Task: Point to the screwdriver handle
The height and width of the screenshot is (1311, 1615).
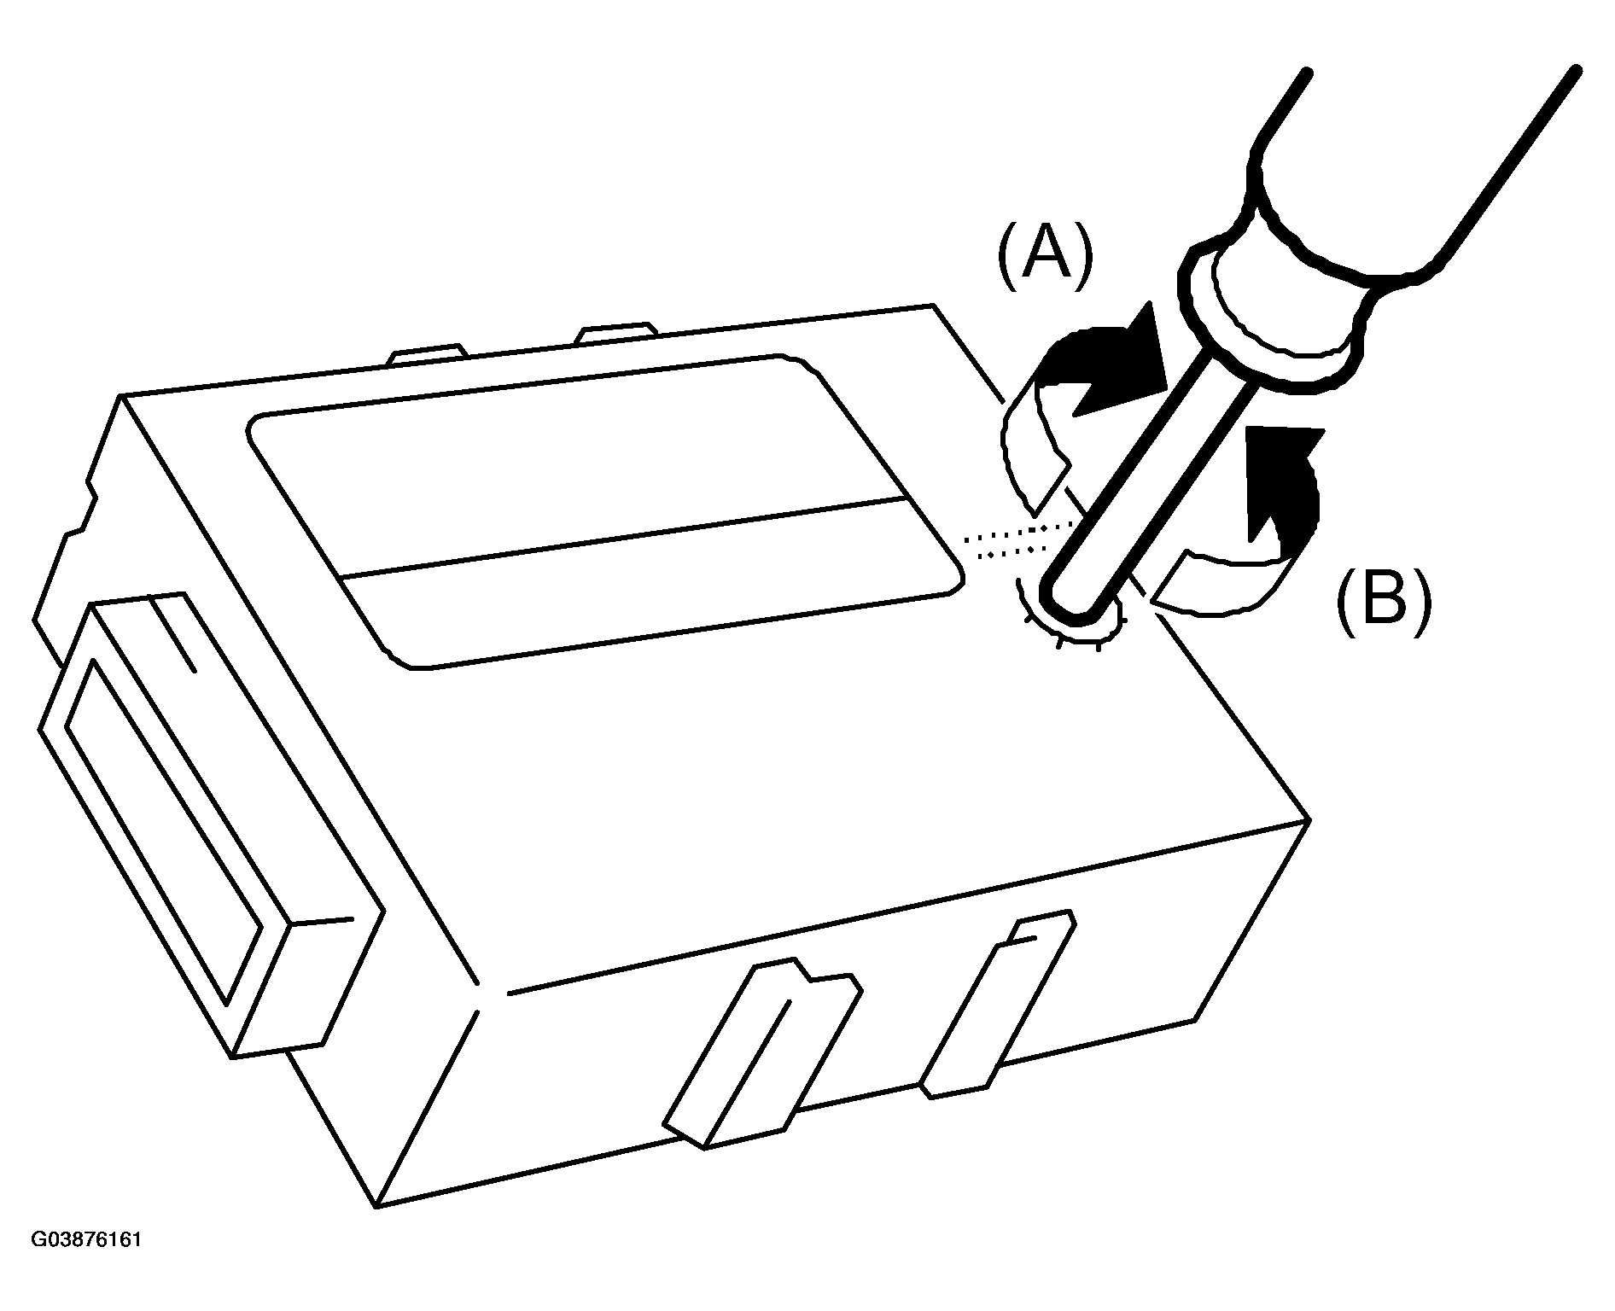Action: tap(1408, 171)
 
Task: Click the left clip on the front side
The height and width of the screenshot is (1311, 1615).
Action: tap(760, 1054)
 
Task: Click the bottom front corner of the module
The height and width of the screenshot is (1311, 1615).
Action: tap(376, 1206)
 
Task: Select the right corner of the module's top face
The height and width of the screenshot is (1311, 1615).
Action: tap(1309, 820)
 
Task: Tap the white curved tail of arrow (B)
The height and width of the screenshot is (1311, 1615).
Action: tap(1221, 585)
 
